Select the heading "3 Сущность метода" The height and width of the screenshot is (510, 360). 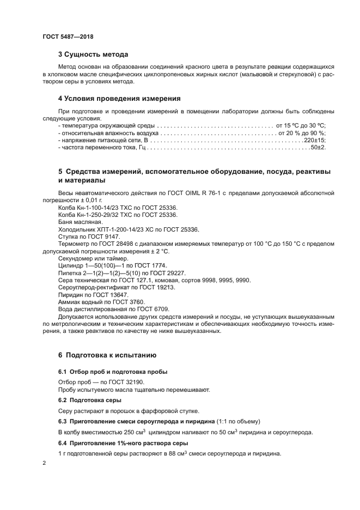point(93,54)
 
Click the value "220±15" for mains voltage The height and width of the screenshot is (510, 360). point(314,140)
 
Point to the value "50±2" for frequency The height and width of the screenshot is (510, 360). point(318,148)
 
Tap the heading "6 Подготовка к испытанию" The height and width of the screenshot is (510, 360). point(107,355)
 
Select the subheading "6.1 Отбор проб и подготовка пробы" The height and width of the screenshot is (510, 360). point(113,372)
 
